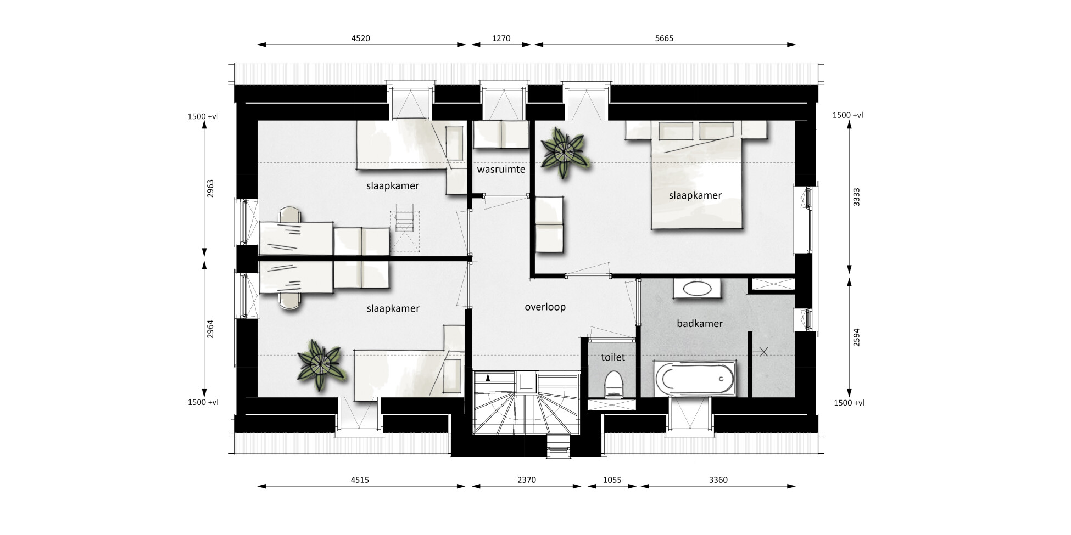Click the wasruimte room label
(x=501, y=169)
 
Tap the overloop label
(x=545, y=307)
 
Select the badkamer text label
(x=700, y=324)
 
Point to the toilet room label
(x=613, y=357)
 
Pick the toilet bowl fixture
(x=613, y=384)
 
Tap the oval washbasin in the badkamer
(x=695, y=289)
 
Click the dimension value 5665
(x=664, y=38)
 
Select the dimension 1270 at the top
(x=501, y=38)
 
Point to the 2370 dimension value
(x=526, y=480)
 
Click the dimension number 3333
(x=856, y=196)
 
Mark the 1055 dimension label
(x=612, y=480)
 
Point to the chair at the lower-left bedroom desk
(x=290, y=301)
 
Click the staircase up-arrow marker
(x=488, y=377)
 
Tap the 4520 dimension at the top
(x=360, y=38)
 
